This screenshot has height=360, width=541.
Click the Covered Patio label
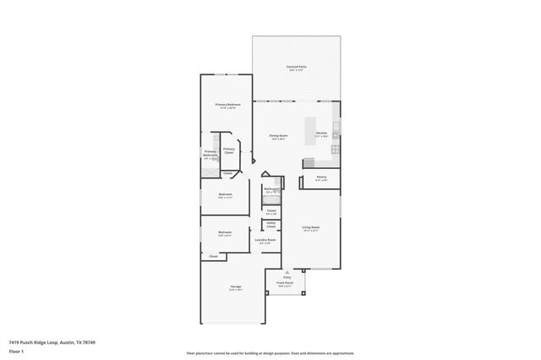point(296,67)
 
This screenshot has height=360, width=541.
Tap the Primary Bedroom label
point(227,105)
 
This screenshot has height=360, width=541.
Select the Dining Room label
point(277,136)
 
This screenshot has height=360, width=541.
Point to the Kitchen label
point(321,134)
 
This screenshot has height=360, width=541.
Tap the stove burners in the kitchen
point(336,150)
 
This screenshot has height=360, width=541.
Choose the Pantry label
point(320,178)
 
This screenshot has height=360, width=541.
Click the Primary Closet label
point(229,150)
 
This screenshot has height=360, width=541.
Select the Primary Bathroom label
point(210,153)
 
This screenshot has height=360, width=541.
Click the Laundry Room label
point(265,241)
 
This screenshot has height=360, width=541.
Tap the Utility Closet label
point(270,226)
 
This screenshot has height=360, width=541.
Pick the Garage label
point(235,287)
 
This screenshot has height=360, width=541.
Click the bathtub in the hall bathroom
point(270,199)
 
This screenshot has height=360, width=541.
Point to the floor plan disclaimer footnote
point(270,352)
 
